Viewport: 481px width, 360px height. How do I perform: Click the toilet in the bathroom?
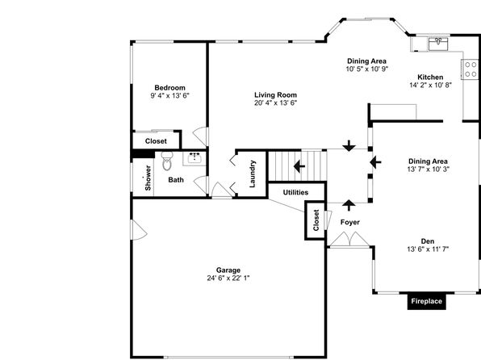(x=167, y=161)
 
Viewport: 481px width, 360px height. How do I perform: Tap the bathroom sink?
(x=194, y=158)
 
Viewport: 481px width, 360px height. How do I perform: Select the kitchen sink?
(x=438, y=44)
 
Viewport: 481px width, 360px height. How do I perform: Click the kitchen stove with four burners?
(x=471, y=69)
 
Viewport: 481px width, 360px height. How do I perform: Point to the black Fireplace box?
(x=426, y=301)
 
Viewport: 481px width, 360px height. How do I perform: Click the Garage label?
(x=228, y=270)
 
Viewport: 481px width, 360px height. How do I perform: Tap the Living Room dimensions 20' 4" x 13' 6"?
(x=275, y=103)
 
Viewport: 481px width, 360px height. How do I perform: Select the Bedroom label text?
(x=170, y=88)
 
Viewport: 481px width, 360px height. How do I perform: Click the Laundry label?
(x=253, y=174)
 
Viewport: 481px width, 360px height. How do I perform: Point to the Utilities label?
(x=295, y=192)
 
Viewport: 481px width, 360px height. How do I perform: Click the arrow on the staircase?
(x=299, y=166)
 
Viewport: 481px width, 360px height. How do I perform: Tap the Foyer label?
(x=350, y=222)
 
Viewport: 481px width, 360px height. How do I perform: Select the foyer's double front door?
(x=349, y=240)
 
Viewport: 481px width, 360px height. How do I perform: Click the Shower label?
(x=148, y=178)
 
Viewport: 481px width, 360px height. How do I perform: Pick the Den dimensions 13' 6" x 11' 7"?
(x=428, y=249)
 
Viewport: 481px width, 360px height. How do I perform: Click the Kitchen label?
(x=430, y=77)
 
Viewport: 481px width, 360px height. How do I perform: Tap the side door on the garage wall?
(x=139, y=229)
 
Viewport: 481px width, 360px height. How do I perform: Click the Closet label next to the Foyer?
(x=316, y=220)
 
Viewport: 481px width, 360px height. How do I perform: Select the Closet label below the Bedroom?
(x=156, y=141)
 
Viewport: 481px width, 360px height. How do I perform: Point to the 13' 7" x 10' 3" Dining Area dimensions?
(x=429, y=170)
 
